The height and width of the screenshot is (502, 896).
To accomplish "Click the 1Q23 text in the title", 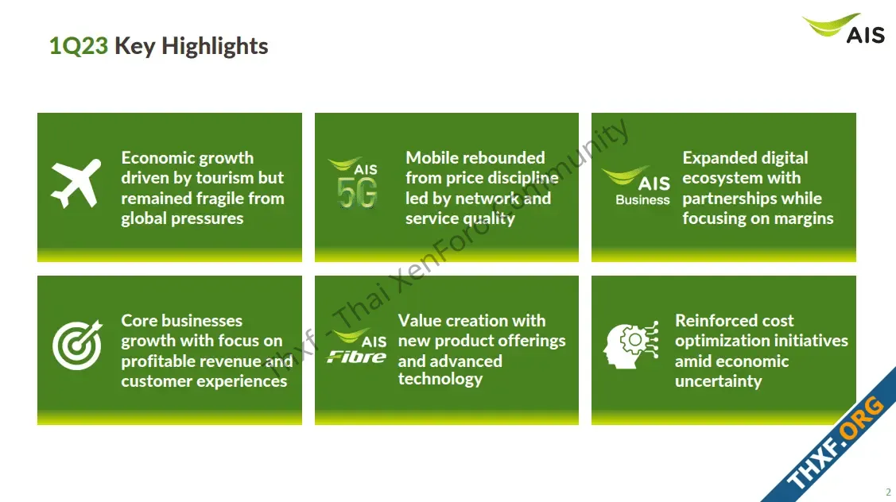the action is pyautogui.click(x=78, y=46).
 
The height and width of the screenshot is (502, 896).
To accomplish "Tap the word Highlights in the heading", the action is pyautogui.click(x=215, y=47).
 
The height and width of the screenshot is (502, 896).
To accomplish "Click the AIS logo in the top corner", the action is pyautogui.click(x=844, y=29).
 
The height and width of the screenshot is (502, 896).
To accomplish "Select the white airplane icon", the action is pyautogui.click(x=76, y=183).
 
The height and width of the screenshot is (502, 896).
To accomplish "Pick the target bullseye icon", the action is pyautogui.click(x=77, y=345).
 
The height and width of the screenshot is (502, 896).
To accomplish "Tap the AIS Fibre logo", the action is pyautogui.click(x=356, y=346).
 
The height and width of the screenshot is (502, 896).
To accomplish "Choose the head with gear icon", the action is pyautogui.click(x=631, y=345).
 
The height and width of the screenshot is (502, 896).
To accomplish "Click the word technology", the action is pyautogui.click(x=440, y=379).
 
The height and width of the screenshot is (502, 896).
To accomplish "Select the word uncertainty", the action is pyautogui.click(x=718, y=381).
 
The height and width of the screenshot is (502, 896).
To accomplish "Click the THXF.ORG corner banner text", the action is pyautogui.click(x=835, y=442).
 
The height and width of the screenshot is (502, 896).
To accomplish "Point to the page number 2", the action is pyautogui.click(x=888, y=492).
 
